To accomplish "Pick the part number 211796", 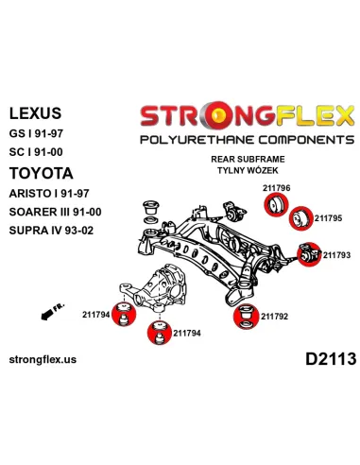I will click(x=276, y=188).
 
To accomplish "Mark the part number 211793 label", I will click(x=336, y=255).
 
